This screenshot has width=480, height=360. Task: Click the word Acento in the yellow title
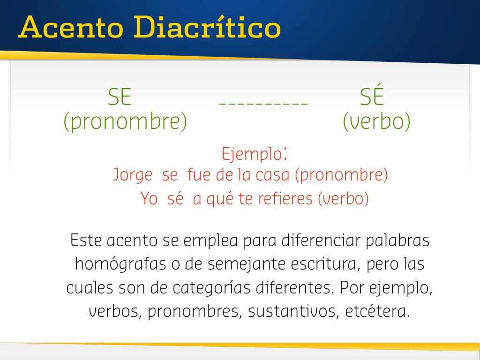(x=71, y=28)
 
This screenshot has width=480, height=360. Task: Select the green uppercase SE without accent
(x=120, y=97)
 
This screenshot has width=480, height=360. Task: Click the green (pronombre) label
(x=125, y=121)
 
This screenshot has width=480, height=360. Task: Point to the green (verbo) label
(x=376, y=121)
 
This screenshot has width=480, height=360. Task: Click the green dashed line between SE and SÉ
(x=263, y=105)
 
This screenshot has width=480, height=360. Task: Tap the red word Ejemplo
(x=252, y=154)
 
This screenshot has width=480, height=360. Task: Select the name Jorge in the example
(x=133, y=175)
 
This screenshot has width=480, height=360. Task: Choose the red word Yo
(x=149, y=198)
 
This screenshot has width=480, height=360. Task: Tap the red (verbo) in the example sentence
(x=343, y=198)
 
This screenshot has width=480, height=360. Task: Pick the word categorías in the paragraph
(x=211, y=288)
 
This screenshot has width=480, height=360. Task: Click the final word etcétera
(x=377, y=311)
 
